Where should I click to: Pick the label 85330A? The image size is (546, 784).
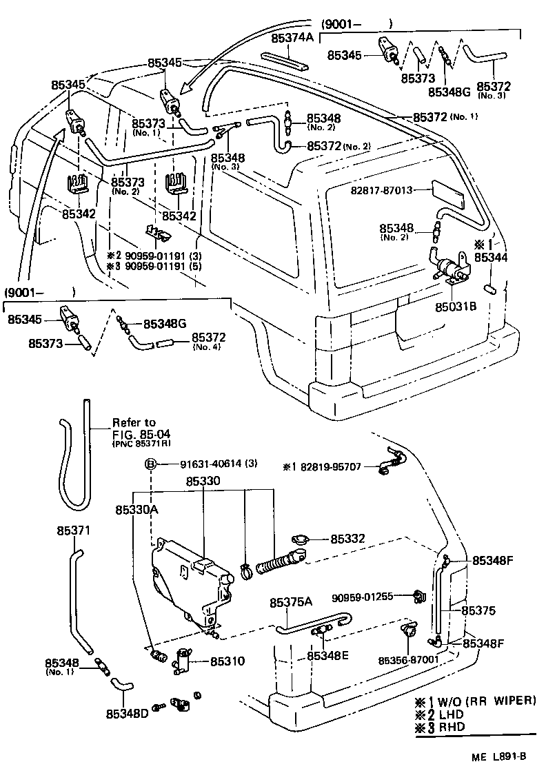pos(136,510)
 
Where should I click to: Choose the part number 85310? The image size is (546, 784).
pos(227,661)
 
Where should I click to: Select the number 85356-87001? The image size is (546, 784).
pos(408,659)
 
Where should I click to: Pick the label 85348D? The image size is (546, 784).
pos(128,712)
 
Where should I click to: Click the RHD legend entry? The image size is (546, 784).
pos(449,726)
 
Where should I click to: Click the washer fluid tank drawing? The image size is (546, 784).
pos(190,579)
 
